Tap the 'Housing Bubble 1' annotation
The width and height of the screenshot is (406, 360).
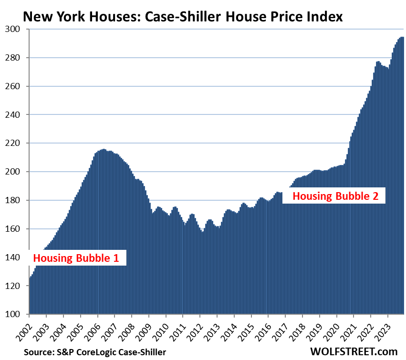(75, 258)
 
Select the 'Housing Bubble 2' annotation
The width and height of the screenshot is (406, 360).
(338, 195)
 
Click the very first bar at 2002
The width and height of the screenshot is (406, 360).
(30, 296)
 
